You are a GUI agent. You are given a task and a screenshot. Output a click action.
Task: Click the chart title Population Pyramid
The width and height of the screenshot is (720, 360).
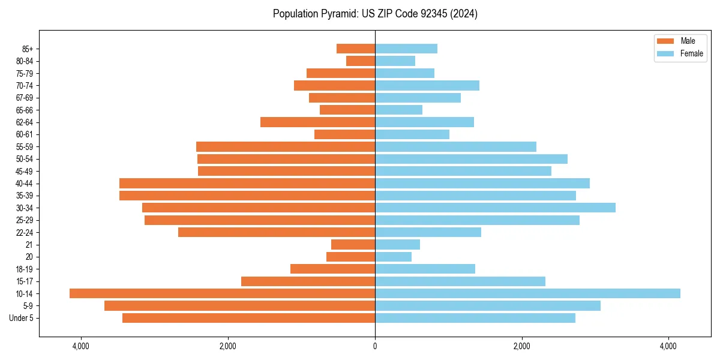[375, 14]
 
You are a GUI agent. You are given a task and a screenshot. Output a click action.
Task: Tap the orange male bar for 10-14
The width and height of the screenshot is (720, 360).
[222, 293]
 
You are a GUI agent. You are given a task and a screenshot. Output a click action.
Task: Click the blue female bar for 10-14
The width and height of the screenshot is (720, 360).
[527, 293]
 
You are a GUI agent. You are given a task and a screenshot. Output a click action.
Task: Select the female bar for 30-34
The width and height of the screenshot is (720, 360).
[495, 208]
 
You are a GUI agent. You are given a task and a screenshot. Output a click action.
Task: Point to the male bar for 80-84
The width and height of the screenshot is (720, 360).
[361, 61]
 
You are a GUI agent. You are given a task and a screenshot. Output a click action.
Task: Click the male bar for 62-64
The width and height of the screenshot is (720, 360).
[317, 122]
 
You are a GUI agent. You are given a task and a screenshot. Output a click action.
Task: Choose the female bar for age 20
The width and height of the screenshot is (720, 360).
[393, 257]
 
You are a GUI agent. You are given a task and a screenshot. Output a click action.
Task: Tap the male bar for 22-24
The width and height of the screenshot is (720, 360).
[277, 232]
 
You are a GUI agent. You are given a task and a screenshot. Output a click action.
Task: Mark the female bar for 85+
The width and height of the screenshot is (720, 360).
[406, 49]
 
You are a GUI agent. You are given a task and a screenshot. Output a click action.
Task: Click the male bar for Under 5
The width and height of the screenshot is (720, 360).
[248, 318]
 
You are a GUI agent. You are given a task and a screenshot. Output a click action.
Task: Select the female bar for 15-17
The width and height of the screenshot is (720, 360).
[460, 281]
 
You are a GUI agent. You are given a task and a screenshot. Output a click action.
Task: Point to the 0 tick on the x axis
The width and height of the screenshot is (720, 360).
[375, 346]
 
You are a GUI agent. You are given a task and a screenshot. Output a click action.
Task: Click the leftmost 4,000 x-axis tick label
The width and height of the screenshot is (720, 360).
[80, 346]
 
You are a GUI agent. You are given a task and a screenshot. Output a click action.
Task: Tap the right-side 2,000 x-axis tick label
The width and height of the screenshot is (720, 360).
[522, 346]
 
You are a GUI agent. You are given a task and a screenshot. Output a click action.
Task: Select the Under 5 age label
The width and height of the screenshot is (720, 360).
[22, 318]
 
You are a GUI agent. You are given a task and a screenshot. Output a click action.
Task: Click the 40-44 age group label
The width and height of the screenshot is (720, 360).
[25, 184]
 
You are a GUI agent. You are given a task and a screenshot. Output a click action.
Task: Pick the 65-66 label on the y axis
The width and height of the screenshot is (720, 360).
[25, 110]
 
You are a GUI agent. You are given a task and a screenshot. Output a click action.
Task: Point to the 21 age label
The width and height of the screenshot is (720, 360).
[29, 245]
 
